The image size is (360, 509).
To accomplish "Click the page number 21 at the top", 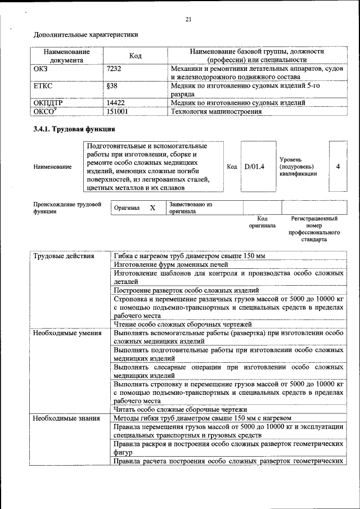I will (188, 20).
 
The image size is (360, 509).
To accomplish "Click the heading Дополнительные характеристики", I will (86, 35).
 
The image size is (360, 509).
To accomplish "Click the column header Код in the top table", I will (135, 56).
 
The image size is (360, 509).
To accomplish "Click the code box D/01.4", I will (255, 166).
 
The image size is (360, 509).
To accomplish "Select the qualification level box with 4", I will (337, 166).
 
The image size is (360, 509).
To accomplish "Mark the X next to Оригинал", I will (152, 208).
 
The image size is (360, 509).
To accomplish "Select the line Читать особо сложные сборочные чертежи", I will (181, 409).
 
